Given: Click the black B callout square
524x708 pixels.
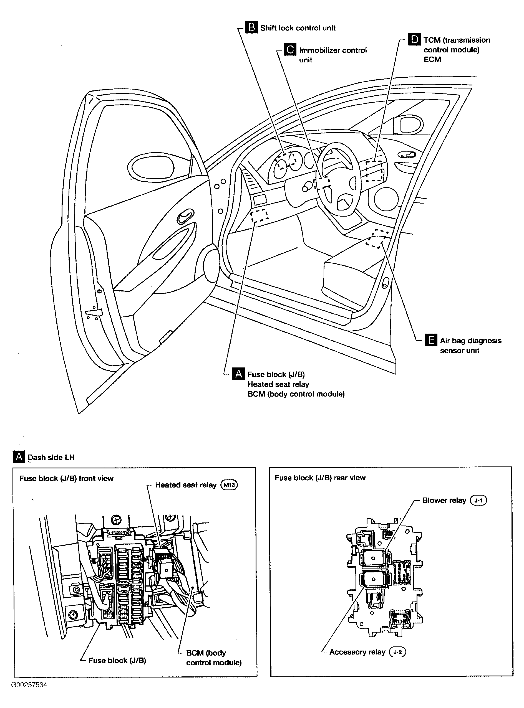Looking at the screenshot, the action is tap(251, 27).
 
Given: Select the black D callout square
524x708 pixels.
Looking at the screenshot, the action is tap(414, 39).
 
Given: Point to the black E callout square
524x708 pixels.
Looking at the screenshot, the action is tap(431, 340).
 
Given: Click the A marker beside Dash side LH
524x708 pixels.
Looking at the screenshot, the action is tap(19, 457).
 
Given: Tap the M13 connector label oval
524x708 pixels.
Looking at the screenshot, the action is tap(229, 484).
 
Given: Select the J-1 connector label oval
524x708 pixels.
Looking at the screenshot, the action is tap(478, 500).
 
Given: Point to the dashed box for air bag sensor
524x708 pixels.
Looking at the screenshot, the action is tap(377, 239).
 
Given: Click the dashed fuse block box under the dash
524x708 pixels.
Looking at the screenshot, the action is tap(260, 215).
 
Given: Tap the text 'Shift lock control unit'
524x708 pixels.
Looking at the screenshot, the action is tap(298, 28).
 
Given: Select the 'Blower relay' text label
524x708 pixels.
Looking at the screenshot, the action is tap(444, 500).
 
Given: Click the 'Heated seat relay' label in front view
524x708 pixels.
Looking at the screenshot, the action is tap(186, 485).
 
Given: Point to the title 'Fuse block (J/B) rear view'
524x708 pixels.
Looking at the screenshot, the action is tap(320, 478).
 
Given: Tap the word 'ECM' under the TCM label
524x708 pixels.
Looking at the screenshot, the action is tap(432, 60).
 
